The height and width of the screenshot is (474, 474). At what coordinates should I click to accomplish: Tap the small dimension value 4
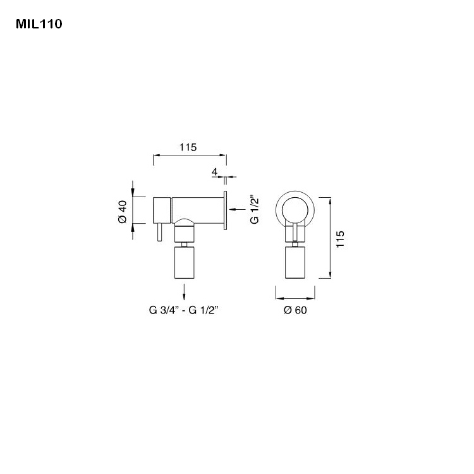(x=215, y=172)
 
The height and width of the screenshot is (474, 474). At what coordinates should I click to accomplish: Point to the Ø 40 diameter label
(x=123, y=210)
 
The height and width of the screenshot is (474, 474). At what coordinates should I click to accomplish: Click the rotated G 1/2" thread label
(x=255, y=209)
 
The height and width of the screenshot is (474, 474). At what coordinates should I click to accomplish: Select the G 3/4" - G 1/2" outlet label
(x=184, y=310)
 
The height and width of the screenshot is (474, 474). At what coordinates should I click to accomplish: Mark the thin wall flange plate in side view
(x=224, y=209)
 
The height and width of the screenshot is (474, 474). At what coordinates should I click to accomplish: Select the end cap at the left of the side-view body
(x=162, y=210)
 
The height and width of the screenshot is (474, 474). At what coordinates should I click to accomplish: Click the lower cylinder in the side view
(x=184, y=263)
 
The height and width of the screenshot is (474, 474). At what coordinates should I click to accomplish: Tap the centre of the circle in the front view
(x=295, y=209)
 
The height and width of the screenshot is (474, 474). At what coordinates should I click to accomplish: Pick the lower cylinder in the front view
(x=295, y=263)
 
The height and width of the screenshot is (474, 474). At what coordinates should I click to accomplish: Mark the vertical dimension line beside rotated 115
(x=331, y=237)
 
